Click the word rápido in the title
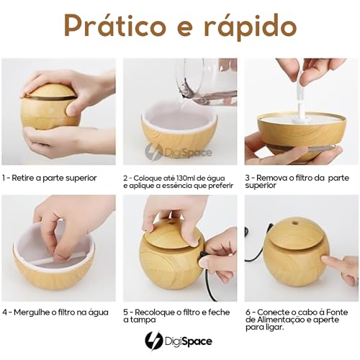tap(246, 27)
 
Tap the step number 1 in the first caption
tap(5, 177)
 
